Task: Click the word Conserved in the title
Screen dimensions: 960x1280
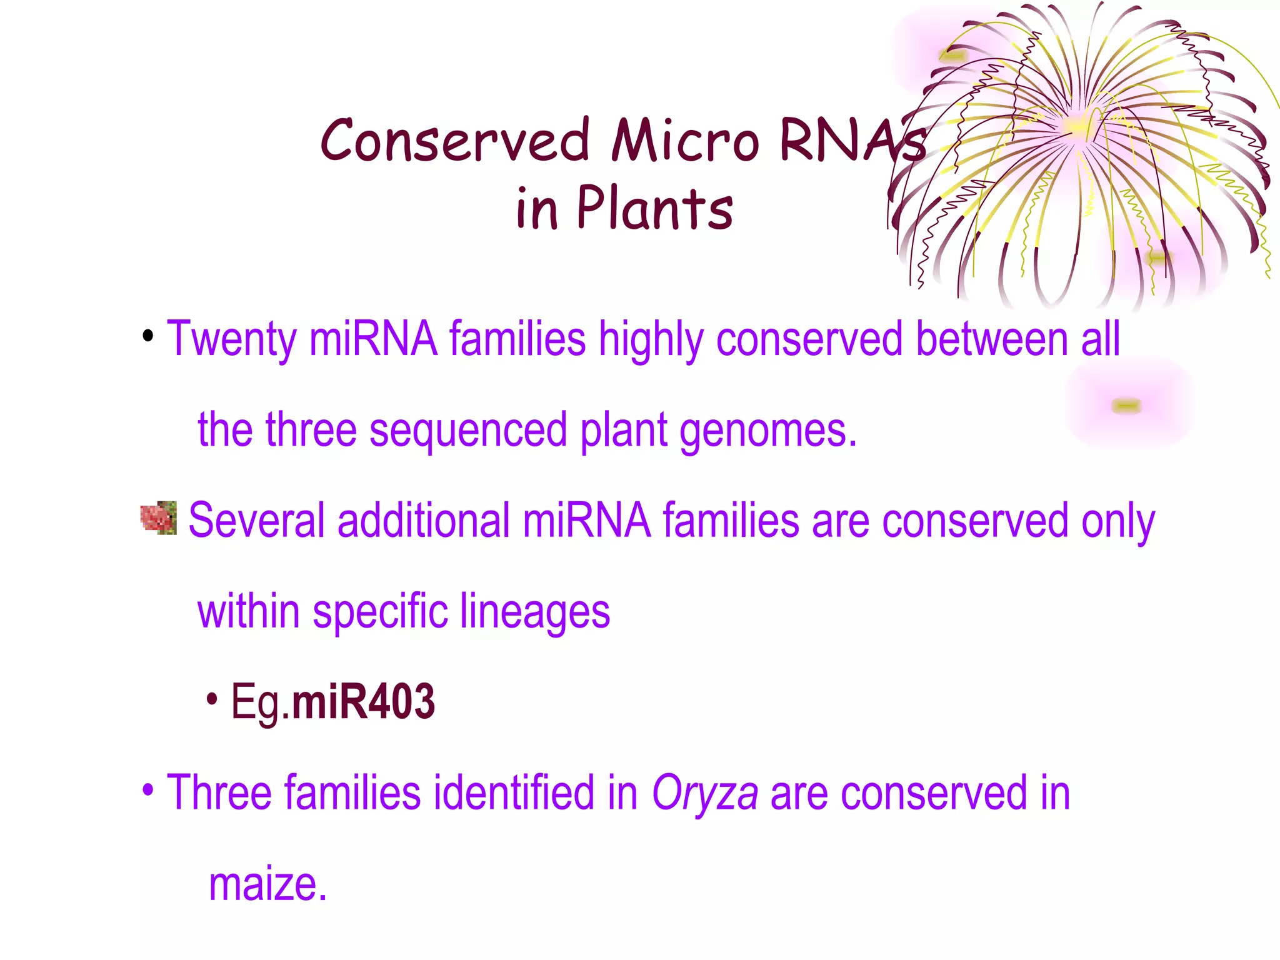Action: pos(455,141)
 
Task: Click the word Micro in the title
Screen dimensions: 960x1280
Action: pos(685,141)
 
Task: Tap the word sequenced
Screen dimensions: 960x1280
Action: pos(468,431)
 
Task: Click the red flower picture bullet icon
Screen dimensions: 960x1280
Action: pos(159,517)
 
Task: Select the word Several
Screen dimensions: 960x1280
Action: pos(256,521)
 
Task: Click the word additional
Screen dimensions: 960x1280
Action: pos(424,521)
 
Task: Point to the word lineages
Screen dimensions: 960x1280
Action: pos(534,611)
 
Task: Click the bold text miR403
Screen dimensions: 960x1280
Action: pos(363,702)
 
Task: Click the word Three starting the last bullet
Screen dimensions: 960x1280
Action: pos(219,792)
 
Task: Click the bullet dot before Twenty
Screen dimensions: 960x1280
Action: pos(148,337)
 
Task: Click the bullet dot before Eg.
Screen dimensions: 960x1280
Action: pos(212,699)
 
